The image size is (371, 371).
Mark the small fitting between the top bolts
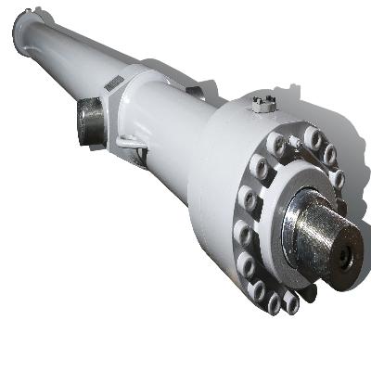click(x=294, y=142)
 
